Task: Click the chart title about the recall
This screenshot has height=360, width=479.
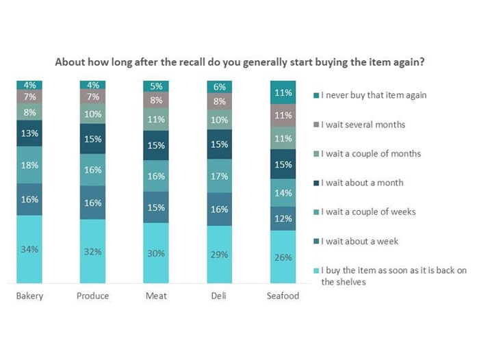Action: point(239,61)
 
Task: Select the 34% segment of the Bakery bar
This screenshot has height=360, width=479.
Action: point(29,249)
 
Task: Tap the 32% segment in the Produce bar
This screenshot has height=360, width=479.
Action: point(92,251)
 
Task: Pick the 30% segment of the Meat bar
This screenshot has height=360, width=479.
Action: point(156,253)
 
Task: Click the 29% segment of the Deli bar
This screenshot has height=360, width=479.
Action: point(220,254)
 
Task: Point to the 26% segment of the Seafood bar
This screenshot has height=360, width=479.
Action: point(283,257)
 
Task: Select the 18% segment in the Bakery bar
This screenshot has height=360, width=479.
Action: point(29,164)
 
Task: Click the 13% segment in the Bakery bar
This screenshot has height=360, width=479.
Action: point(29,133)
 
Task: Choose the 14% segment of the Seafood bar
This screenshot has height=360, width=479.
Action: point(283,193)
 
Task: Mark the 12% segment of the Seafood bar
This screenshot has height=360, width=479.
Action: point(283,218)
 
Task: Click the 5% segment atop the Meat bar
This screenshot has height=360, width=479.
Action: point(156,86)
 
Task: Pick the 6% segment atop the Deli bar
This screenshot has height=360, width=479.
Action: point(220,87)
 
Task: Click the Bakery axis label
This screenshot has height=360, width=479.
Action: point(29,296)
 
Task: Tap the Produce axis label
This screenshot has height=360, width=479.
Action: point(92,296)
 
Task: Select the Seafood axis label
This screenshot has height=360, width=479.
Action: point(283,296)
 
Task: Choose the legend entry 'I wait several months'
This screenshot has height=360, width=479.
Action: point(363,124)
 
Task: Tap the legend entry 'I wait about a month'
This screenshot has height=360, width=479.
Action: point(361,183)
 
